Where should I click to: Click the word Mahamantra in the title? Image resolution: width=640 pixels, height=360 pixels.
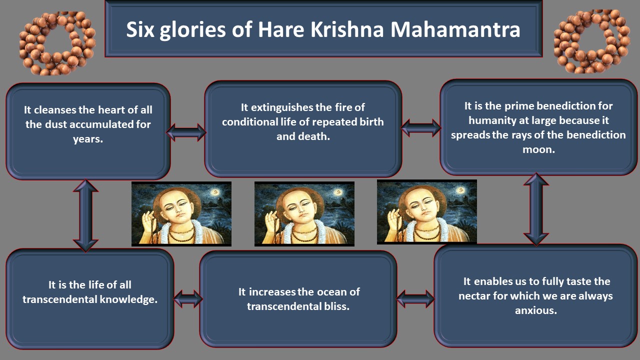(455, 29)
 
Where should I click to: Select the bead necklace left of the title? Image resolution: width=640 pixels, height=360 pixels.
(57, 43)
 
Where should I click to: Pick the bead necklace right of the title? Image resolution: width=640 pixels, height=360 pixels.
(591, 41)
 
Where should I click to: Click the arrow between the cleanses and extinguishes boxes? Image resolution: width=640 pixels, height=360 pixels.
(185, 132)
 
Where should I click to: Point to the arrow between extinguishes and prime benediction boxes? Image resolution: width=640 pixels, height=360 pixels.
(421, 127)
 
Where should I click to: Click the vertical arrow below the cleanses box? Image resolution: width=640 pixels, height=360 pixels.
(85, 215)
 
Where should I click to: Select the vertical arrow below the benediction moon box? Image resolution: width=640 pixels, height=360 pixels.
(536, 209)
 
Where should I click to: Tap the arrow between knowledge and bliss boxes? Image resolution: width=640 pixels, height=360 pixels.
(188, 299)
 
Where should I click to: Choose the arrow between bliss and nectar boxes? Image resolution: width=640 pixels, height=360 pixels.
(415, 299)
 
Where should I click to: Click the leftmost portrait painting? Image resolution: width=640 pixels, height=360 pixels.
(181, 213)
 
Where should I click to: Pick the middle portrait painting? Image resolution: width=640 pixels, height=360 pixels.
(304, 213)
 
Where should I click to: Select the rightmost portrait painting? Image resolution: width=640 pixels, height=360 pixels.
(427, 212)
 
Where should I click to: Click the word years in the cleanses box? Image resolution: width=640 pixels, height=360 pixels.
(88, 139)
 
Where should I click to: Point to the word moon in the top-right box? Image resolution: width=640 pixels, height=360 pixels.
(539, 149)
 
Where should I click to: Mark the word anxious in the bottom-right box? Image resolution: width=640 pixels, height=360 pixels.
(536, 310)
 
